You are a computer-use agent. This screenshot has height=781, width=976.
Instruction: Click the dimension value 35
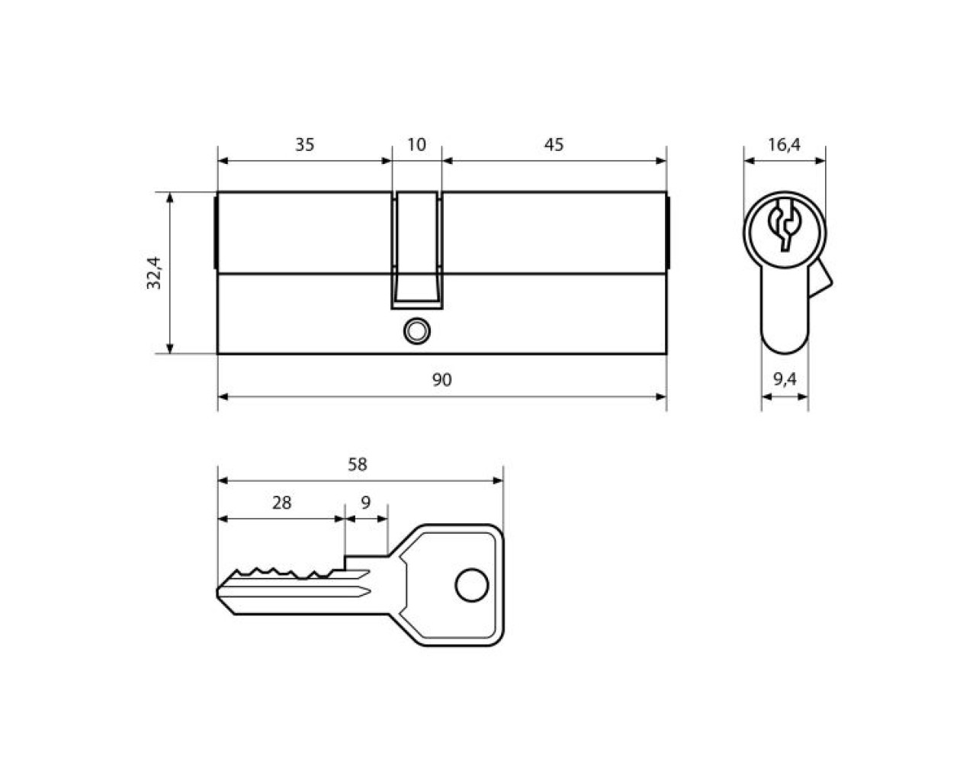click(304, 145)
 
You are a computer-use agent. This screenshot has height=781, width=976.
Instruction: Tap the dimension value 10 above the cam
click(416, 145)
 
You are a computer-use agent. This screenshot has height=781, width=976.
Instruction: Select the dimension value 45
click(554, 145)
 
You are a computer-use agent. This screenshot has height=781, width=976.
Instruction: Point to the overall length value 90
click(441, 380)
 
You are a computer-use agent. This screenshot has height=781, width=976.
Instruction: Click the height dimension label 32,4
click(154, 273)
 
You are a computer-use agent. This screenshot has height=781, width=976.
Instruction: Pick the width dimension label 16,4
click(784, 145)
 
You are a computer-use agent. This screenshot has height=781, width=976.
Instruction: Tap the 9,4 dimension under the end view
click(785, 379)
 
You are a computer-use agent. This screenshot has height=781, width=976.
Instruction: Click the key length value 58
click(358, 464)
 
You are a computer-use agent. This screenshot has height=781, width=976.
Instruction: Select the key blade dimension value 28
click(281, 503)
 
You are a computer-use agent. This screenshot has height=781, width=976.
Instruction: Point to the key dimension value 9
click(365, 503)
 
